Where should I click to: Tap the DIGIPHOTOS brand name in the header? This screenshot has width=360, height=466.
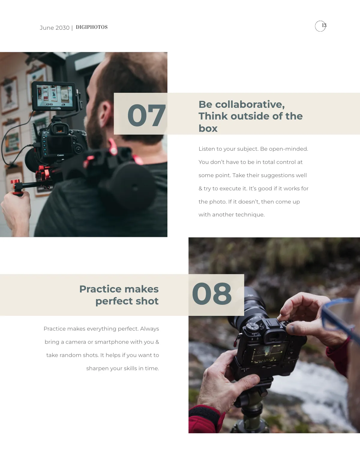(x=91, y=27)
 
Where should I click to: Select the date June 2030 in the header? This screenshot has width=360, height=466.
(x=55, y=28)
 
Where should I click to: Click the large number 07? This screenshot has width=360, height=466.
(x=146, y=116)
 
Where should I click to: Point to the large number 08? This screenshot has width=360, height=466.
(x=212, y=294)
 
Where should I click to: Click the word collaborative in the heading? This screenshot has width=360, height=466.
(x=250, y=104)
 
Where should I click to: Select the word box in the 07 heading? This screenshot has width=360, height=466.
(x=208, y=129)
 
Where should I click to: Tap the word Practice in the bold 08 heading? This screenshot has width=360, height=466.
(x=100, y=289)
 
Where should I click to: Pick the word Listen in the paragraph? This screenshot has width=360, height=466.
(x=206, y=149)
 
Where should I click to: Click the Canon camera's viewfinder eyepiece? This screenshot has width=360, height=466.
(x=59, y=129)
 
